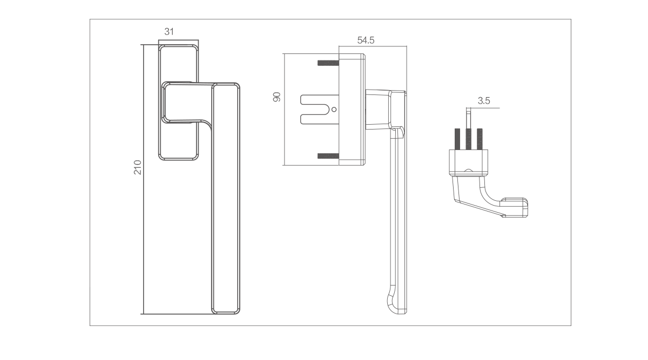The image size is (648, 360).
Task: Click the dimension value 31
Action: [169, 31]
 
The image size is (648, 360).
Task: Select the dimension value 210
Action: [138, 167]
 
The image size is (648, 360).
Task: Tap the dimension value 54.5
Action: [366, 40]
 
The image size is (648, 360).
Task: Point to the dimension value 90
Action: [277, 97]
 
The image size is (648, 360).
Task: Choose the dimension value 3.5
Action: [484, 101]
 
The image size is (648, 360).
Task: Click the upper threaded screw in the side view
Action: [328, 63]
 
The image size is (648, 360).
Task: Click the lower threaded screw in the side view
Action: [328, 156]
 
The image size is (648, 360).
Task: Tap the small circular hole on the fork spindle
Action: [334, 110]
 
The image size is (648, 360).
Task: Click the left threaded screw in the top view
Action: [457, 139]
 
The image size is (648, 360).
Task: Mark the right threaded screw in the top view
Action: [480, 139]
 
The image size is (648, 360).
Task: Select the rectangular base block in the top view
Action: [468, 162]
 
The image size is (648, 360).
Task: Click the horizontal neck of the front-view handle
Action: [187, 102]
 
